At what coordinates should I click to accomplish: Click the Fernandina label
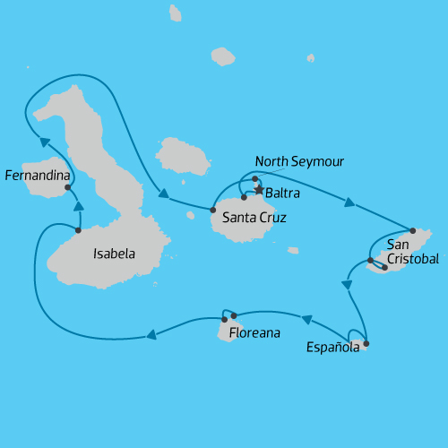click(38, 176)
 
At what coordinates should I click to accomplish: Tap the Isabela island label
click(114, 254)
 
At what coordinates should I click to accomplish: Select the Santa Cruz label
click(254, 217)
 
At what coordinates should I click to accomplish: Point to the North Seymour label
click(299, 161)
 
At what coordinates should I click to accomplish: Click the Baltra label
click(281, 193)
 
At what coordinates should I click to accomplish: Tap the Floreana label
click(254, 333)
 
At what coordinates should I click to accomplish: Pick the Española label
click(332, 347)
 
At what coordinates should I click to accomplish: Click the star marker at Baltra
click(260, 190)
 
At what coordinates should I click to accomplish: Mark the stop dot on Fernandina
click(68, 188)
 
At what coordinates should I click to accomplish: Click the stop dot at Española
click(366, 343)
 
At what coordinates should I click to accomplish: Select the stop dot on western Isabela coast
click(79, 230)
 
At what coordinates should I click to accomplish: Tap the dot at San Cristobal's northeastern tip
click(412, 230)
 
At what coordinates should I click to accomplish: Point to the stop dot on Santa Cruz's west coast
click(213, 210)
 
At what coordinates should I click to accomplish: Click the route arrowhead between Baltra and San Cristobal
click(349, 203)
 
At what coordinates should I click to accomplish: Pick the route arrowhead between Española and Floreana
click(306, 319)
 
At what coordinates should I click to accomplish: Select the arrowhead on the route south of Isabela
click(151, 335)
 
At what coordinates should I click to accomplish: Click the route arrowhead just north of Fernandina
click(43, 137)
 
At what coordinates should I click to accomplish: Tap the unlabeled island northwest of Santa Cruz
click(182, 156)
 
